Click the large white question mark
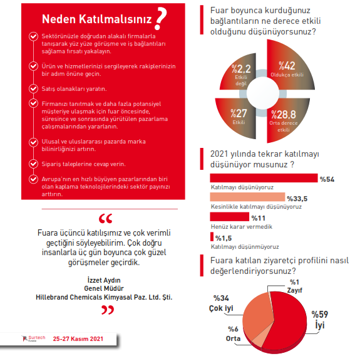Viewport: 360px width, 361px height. pos(161,18)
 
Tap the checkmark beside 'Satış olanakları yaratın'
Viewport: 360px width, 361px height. pos(33,88)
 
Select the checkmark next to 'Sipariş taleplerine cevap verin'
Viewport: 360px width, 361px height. pos(33,164)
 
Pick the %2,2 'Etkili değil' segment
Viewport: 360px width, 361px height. pos(240,74)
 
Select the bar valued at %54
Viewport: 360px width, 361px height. pos(264,178)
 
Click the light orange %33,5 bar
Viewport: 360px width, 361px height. pos(247,197)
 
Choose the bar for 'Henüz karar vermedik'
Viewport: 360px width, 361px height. pos(230,217)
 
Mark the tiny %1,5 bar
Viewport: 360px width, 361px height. pos(212,237)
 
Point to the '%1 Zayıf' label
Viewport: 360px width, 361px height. pos(294,286)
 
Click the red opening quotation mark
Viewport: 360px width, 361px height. pos(106,219)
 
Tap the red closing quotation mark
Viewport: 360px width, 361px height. pos(108,310)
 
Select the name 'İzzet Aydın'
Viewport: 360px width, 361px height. pos(104,280)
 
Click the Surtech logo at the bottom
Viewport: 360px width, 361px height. pos(33,338)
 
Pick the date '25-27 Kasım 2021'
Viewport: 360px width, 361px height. pos(78,339)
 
